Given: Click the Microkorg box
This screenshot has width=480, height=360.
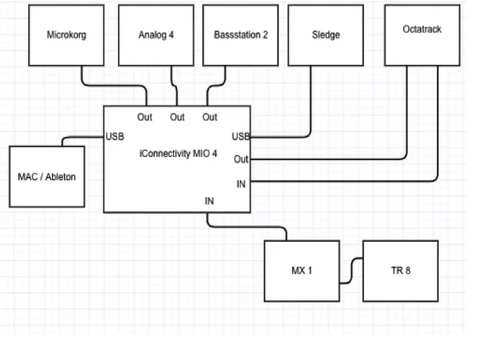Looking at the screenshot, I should (x=66, y=35).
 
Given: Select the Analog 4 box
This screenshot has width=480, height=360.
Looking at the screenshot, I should (x=156, y=35).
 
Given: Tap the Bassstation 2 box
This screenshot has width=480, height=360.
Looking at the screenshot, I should (x=241, y=35).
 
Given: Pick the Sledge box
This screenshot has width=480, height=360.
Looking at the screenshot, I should (x=326, y=35).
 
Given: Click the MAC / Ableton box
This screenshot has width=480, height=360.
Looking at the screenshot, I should (x=47, y=176).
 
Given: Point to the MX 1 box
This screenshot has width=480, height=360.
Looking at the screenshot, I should (x=301, y=271).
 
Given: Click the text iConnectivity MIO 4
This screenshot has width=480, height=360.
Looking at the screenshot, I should (x=177, y=153).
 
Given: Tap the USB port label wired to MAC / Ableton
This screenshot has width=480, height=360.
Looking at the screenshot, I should (x=115, y=135).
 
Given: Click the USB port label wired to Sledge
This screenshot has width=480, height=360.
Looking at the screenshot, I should (x=240, y=135).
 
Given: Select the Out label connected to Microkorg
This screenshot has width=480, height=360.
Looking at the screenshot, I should (x=145, y=117).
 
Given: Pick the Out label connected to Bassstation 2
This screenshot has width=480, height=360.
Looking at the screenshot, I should (x=209, y=117).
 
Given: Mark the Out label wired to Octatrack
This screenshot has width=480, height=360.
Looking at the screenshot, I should (x=241, y=159).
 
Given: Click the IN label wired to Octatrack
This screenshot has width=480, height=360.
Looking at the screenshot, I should (x=241, y=184).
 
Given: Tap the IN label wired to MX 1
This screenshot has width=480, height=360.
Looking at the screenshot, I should (x=209, y=202).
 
